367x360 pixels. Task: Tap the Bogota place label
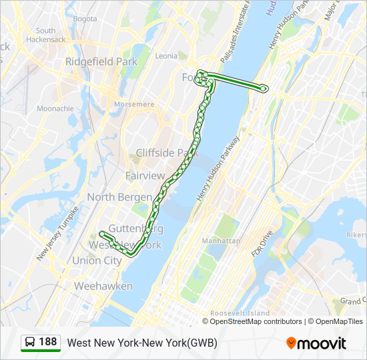[x=85, y=19]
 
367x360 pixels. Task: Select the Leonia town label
[x=166, y=56]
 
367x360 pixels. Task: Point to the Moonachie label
[x=55, y=108]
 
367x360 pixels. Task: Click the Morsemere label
[x=134, y=104]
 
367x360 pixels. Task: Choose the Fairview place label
[x=145, y=176]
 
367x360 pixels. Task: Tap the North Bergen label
[x=119, y=197]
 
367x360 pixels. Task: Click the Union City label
[x=97, y=261]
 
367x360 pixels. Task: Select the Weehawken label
[x=103, y=286]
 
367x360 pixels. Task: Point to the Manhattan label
[x=221, y=241]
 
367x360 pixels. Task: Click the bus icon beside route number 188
[x=30, y=343]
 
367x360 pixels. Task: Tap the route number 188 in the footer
[x=47, y=343]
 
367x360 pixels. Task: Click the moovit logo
[x=316, y=343]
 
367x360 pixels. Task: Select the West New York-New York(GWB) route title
[x=142, y=343]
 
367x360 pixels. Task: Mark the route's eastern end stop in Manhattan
[x=265, y=87]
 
